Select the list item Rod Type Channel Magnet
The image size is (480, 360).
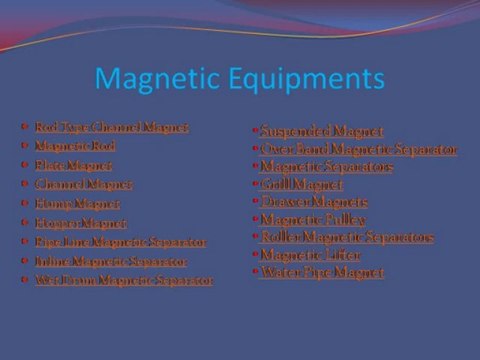111,127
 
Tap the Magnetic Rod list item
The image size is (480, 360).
68,146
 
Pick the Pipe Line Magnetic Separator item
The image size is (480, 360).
120,242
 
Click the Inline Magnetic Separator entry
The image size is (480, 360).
110,261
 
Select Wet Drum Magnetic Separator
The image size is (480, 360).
123,281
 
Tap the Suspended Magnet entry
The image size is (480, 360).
307,130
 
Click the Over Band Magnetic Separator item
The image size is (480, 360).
358,149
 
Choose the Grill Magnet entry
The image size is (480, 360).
301,184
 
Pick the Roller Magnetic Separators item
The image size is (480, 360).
346,237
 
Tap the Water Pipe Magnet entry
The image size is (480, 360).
321,272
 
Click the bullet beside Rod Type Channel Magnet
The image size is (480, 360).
24,126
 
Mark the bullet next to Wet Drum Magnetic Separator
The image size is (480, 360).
24,281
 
